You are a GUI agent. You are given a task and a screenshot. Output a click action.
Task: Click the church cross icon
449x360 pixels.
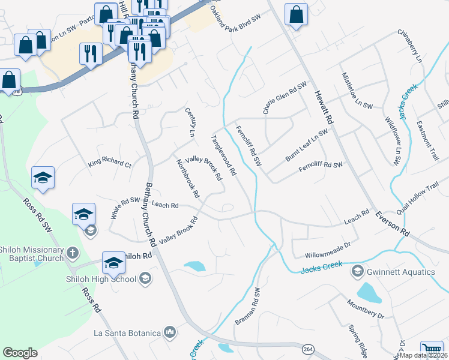pos(72,252)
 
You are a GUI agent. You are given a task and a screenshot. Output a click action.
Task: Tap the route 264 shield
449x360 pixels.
pos(308,349)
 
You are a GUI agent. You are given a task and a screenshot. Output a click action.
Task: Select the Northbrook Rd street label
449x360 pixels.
pos(187,178)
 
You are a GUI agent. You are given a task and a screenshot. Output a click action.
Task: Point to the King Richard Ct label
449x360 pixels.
pos(109,163)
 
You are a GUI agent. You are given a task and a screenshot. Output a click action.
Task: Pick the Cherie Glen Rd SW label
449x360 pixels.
pos(284,97)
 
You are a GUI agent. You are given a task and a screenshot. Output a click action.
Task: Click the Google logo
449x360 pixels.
pos(20,353)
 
